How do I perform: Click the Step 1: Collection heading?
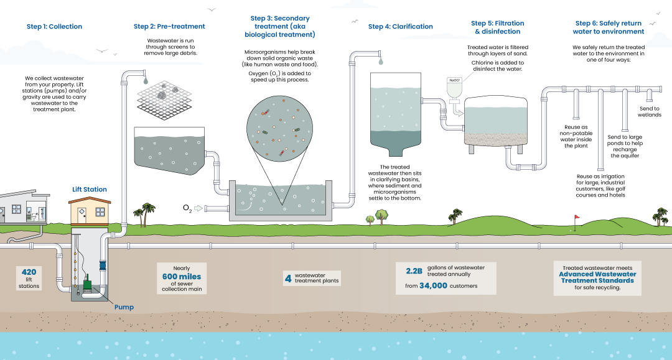(54, 27)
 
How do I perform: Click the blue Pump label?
(124, 307)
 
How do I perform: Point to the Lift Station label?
(90, 190)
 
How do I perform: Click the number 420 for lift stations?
(29, 272)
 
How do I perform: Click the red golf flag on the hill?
(576, 218)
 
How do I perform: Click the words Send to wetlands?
(650, 112)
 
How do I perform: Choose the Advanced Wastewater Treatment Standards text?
(597, 277)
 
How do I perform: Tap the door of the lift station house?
(83, 215)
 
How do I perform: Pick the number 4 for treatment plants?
(288, 278)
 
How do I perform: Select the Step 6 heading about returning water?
(609, 27)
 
